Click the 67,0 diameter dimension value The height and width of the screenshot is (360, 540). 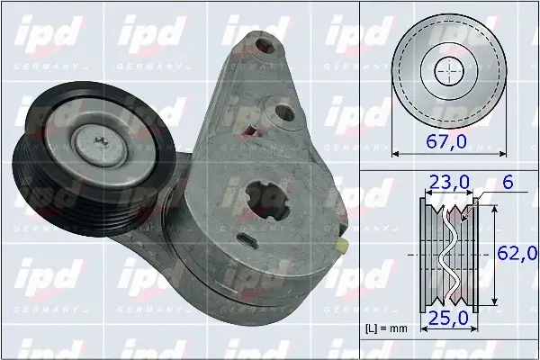click(x=448, y=140)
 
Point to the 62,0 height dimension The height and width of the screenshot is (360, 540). click(x=516, y=252)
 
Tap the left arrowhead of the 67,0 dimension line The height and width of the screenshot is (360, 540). click(x=396, y=152)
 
